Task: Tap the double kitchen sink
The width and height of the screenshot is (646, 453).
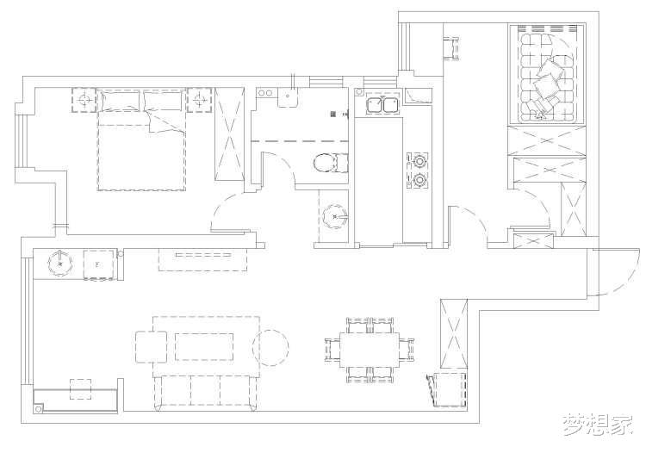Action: (382, 103)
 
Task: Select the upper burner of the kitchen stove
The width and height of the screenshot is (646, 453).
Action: (419, 160)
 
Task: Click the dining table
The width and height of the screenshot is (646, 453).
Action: (370, 350)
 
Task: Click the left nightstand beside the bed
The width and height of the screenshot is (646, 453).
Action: (84, 100)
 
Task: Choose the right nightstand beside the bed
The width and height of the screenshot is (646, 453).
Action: (200, 100)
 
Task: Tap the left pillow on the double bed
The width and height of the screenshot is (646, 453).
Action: (120, 102)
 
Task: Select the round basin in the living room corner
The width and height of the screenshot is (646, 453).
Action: (60, 264)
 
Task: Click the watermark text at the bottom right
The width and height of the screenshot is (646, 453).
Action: (598, 425)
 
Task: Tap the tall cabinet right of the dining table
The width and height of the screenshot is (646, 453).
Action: (454, 334)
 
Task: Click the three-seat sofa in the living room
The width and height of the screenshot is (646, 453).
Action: (206, 392)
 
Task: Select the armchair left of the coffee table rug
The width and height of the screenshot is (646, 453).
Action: (152, 347)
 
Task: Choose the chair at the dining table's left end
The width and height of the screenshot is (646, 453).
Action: (332, 350)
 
